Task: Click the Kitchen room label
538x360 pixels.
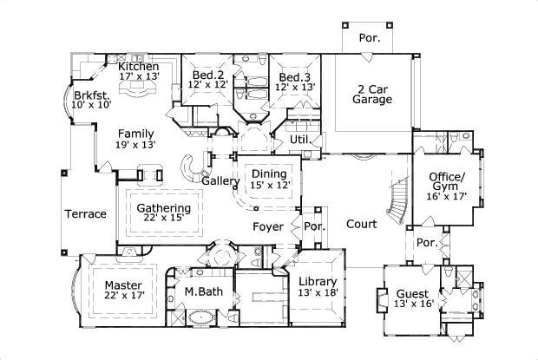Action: click(x=139, y=66)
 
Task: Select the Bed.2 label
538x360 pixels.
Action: click(x=208, y=76)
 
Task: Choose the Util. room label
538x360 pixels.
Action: click(x=299, y=139)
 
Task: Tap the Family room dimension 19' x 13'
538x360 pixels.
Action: click(x=137, y=145)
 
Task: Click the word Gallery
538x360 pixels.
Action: click(x=219, y=181)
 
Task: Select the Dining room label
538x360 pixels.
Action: click(x=269, y=174)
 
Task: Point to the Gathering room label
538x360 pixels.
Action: click(x=163, y=207)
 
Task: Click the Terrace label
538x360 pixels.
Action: click(x=85, y=214)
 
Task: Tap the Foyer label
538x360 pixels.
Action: click(x=268, y=227)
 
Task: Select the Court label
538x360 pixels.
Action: click(x=361, y=224)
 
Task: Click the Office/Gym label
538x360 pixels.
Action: click(x=448, y=183)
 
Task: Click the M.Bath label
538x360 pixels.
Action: click(x=202, y=291)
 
